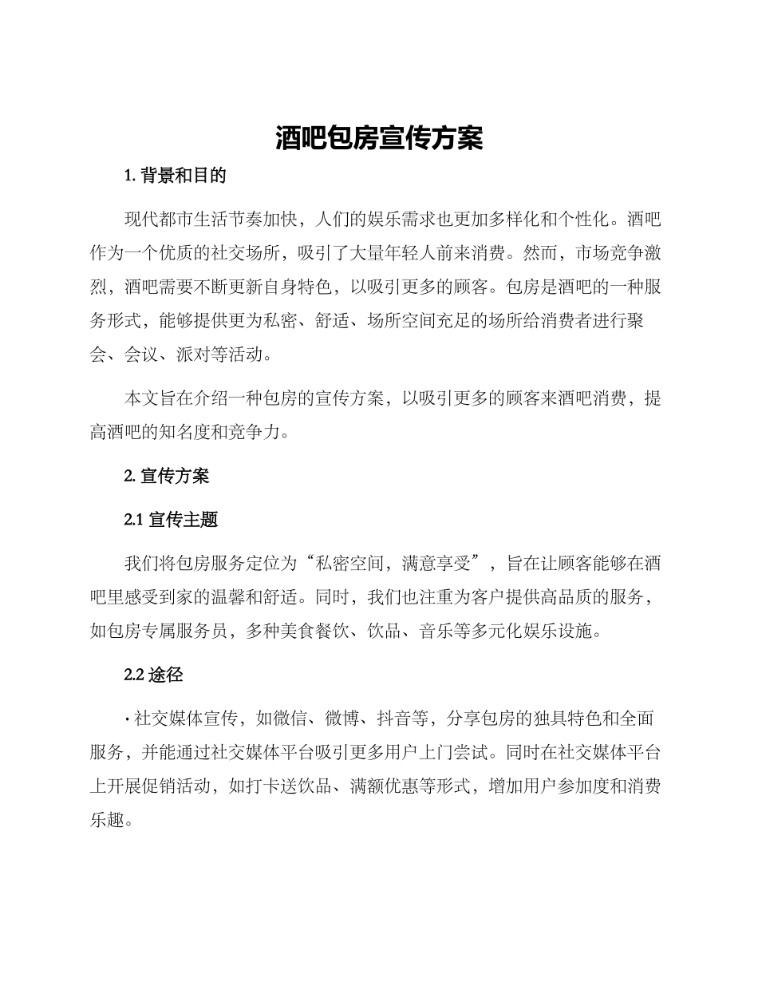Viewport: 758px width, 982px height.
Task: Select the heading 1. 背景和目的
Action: click(x=176, y=176)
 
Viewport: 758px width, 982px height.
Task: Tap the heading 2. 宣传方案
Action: click(x=167, y=476)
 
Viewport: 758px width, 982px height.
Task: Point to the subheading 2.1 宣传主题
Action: click(x=171, y=520)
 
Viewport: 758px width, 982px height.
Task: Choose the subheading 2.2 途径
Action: click(x=154, y=675)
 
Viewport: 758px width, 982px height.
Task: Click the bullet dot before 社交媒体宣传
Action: click(x=128, y=719)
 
